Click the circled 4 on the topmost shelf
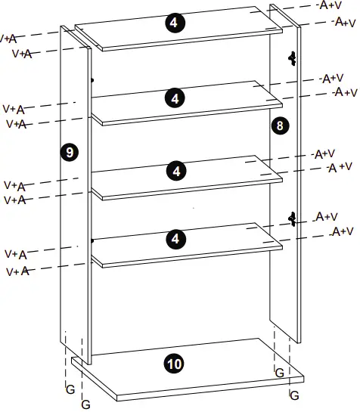pyautogui.click(x=174, y=23)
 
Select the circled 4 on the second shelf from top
pyautogui.click(x=175, y=98)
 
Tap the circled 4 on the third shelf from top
pyautogui.click(x=175, y=171)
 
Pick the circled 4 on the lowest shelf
pyautogui.click(x=175, y=239)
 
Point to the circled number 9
pyautogui.click(x=69, y=152)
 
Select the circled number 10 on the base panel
pyautogui.click(x=174, y=364)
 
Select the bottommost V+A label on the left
pyautogui.click(x=18, y=270)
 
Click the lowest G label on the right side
pyautogui.click(x=293, y=395)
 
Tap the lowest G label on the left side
pyautogui.click(x=85, y=404)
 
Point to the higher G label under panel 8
pyautogui.click(x=279, y=372)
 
